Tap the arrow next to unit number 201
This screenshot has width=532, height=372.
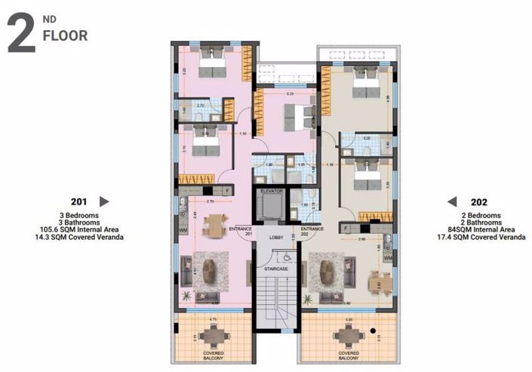pos(105,201)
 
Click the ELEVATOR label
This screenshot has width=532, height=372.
pos(271,192)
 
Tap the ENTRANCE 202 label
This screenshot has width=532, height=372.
pos(312,231)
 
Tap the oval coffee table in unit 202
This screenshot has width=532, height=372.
pos(327,271)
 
